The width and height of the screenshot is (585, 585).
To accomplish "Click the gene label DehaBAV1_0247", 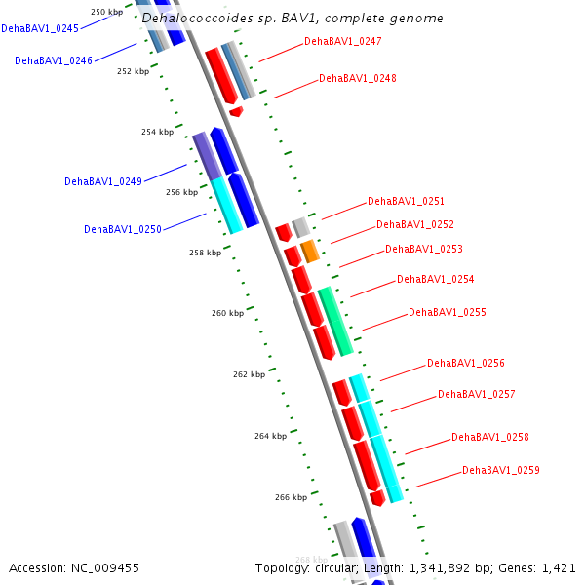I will tap(343, 42).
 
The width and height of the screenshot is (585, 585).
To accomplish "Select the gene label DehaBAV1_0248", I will tap(358, 78).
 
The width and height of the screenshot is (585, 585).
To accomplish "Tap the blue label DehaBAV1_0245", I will tap(40, 29).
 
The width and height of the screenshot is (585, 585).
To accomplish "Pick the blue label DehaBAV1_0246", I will tap(54, 60).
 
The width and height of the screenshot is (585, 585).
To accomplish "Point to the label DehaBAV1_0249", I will tap(103, 182).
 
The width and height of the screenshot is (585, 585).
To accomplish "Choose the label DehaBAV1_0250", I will tap(123, 230).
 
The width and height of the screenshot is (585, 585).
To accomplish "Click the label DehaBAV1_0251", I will tap(406, 202).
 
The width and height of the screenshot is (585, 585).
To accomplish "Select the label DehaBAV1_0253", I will tap(424, 250).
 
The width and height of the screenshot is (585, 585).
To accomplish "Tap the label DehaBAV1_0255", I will tap(447, 313).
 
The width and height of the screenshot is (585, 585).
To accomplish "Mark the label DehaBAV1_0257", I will tap(476, 395).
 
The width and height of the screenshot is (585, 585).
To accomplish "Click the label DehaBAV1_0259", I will tap(501, 471).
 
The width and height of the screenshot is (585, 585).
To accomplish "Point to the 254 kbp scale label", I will tap(157, 132).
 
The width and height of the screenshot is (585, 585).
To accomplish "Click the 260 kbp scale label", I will tap(227, 313).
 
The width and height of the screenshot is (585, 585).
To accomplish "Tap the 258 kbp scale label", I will tap(205, 253).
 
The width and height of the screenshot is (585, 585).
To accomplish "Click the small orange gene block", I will tap(310, 252).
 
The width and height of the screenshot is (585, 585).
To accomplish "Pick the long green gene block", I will tap(335, 321).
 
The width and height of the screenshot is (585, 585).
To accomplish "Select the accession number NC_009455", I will tap(103, 567).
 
